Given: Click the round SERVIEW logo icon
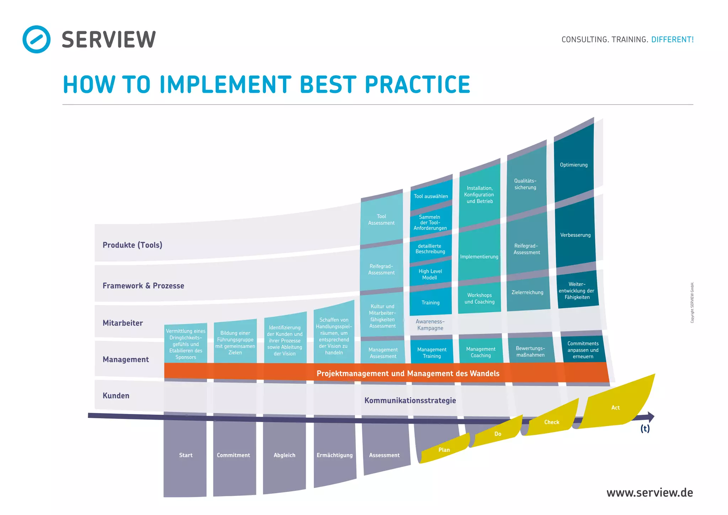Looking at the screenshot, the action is [36, 39].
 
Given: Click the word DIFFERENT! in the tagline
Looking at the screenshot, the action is [672, 39].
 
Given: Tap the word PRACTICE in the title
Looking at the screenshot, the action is [417, 85].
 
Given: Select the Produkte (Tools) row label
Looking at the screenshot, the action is [132, 245].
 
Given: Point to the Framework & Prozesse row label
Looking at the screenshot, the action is [143, 286].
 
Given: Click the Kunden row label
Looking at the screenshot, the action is [116, 395].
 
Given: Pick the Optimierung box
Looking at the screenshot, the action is [574, 165].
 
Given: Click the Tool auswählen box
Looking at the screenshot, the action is [431, 196].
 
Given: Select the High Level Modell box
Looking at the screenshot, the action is [430, 274].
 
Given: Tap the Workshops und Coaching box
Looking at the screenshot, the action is [480, 298].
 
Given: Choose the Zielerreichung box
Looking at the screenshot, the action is [528, 292].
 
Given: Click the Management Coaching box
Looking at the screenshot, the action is [481, 352].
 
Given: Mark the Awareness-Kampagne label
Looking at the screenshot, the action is [430, 325].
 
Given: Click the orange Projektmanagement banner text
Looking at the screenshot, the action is [408, 373].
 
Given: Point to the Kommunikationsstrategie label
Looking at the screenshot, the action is [410, 400].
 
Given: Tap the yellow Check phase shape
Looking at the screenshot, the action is [552, 422].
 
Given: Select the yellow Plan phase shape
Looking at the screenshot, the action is [444, 450].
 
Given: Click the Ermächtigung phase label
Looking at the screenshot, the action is [334, 455].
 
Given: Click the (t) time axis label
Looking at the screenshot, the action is [645, 429].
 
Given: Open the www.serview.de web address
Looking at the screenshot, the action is [649, 493].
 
